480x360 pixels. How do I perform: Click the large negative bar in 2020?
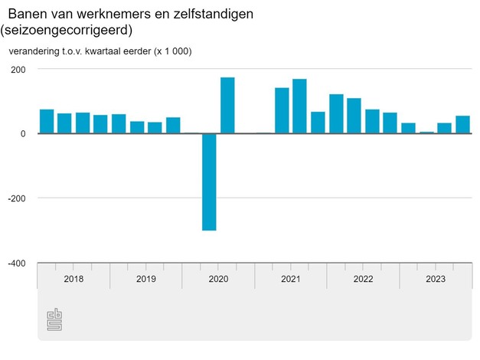click(209, 182)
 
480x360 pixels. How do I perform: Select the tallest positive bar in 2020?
click(227, 105)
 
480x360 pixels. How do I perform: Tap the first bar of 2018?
click(47, 121)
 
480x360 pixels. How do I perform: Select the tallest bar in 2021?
click(299, 106)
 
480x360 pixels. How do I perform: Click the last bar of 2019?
click(173, 125)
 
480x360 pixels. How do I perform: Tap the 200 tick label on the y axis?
click(18, 69)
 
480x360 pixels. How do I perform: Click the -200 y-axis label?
click(16, 198)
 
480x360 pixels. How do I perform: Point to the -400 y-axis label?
click(16, 263)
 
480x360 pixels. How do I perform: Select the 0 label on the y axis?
click(23, 133)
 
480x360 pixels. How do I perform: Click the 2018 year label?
click(73, 279)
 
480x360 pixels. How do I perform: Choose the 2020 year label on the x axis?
click(218, 279)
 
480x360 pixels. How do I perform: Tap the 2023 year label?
click(435, 279)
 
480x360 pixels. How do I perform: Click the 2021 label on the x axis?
click(290, 279)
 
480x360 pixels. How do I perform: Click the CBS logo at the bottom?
click(54, 319)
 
